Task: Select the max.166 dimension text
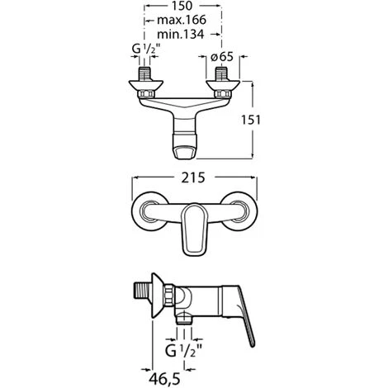[x=182, y=20]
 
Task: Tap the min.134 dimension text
[x=181, y=35]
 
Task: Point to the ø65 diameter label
[x=222, y=56]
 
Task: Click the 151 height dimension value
[x=251, y=120]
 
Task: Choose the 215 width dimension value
[x=193, y=177]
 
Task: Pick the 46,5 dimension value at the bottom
[x=164, y=379]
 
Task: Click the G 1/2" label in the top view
[x=146, y=50]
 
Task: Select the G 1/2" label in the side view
[x=184, y=351]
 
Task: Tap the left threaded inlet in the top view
[x=144, y=73]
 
